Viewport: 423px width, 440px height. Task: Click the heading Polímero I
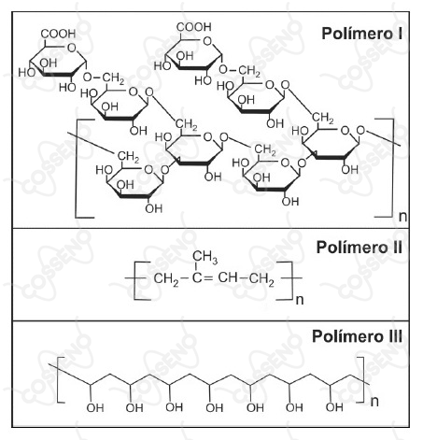tap(362, 34)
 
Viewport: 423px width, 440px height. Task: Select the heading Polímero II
tap(360, 248)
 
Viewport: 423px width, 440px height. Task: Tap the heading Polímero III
tap(358, 336)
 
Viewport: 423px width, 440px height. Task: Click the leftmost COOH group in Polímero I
tap(58, 34)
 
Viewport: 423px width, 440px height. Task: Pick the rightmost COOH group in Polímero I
tap(194, 27)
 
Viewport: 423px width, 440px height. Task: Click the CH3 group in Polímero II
tap(204, 257)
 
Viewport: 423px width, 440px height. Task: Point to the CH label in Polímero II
tap(228, 277)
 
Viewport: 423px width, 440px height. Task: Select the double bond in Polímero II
tap(207, 277)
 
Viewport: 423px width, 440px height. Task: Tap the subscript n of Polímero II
tap(300, 300)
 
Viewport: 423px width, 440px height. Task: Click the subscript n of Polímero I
tap(402, 216)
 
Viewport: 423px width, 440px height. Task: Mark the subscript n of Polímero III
tap(374, 401)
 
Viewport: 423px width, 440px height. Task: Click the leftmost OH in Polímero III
tap(95, 407)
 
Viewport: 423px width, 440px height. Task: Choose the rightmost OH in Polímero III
tap(334, 406)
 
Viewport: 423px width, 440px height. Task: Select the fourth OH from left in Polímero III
tap(215, 407)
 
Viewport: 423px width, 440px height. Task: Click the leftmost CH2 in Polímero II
tap(166, 278)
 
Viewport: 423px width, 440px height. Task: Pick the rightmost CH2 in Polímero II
tap(261, 278)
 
